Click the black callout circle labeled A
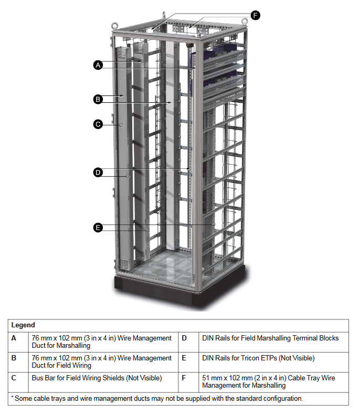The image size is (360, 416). point(98,65)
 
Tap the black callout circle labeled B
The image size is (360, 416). point(98,99)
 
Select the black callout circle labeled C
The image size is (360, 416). point(98,124)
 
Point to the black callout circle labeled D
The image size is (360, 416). point(98,172)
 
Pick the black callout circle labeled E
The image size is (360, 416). point(98,227)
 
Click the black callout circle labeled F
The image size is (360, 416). point(256,15)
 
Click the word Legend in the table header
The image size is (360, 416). point(23,325)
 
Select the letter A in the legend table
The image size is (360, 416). point(14,338)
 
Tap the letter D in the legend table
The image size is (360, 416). point(184,338)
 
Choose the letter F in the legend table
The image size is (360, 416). point(184,378)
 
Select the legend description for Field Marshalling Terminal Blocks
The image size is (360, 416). point(270,338)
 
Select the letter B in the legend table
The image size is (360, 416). point(14,358)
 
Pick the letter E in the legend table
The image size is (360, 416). point(184,358)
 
